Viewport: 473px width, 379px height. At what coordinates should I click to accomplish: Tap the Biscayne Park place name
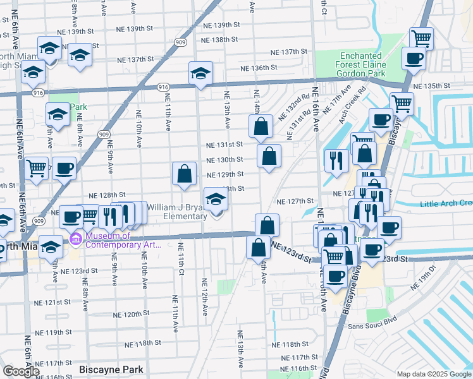(x=111, y=370)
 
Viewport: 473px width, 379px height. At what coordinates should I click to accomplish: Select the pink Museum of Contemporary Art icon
(x=76, y=238)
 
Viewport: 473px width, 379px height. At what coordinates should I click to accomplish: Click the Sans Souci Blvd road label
(x=372, y=326)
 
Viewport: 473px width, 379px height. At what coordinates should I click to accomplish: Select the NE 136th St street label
(x=259, y=68)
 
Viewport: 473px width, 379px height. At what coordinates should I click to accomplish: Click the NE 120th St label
(x=131, y=314)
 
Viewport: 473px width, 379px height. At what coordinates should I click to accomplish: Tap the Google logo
(x=21, y=371)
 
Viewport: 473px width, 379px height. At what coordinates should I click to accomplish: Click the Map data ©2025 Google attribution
(x=434, y=374)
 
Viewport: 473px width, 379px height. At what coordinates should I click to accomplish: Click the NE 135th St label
(x=430, y=86)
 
